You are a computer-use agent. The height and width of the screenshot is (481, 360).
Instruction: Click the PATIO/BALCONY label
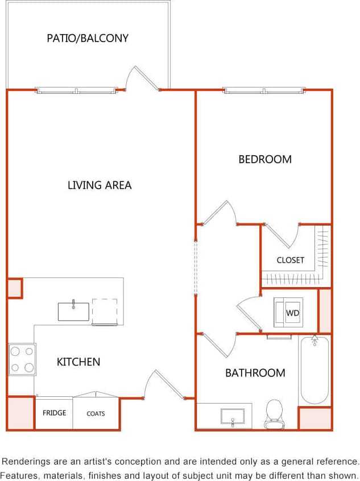pos(88,39)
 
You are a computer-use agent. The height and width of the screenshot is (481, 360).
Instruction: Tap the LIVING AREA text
pos(100,185)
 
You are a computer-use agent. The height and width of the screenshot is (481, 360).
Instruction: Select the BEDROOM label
pos(265,160)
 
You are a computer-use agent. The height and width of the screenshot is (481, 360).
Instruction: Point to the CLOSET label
pos(291,260)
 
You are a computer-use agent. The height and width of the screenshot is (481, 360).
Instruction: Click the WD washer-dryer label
pos(292,313)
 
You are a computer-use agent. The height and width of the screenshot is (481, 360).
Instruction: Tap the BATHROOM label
pos(255,374)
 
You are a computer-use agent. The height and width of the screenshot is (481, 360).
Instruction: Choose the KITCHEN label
pos(78,362)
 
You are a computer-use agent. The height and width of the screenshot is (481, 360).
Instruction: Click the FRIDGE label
pos(54,413)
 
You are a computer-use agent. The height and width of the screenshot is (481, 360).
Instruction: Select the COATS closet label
pos(96,414)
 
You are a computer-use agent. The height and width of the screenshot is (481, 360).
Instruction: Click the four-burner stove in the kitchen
pos(22,359)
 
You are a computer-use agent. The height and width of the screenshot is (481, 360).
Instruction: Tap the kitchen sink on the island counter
pos(73,312)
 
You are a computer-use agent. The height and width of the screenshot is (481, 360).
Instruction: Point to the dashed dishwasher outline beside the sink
pos(105,312)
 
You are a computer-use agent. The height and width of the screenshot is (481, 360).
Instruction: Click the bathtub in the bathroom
pos(315,370)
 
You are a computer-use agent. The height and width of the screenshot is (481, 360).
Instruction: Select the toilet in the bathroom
pos(274,413)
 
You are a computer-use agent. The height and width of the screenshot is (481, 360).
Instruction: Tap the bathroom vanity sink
pos(233,416)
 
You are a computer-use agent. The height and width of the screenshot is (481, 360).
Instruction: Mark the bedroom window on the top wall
pos(264,90)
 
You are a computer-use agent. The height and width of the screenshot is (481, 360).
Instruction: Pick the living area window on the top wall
pos(77,90)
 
